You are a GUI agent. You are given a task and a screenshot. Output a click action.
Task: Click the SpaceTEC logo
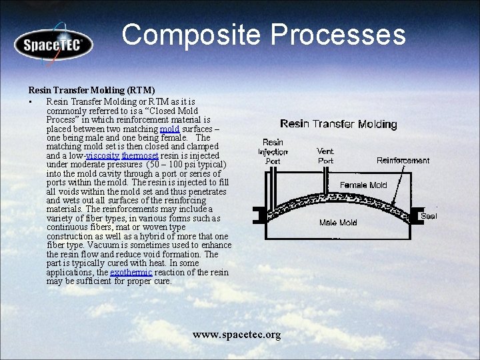tap(53, 45)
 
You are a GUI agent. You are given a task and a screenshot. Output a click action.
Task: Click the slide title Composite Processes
tap(263, 35)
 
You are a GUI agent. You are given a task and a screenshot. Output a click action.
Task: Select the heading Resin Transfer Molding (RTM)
tap(91, 89)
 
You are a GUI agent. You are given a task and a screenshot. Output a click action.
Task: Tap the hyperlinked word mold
tap(169, 129)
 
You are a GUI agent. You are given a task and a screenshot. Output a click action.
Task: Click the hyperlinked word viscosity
tap(103, 155)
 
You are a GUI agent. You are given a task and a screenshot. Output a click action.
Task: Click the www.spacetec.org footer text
tap(237, 334)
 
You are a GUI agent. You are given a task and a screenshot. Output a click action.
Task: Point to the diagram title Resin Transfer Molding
tap(338, 124)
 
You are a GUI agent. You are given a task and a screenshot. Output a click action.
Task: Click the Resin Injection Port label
tap(273, 151)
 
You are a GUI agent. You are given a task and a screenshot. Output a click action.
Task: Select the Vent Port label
tap(325, 156)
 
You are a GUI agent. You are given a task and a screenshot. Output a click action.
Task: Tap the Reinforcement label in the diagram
tap(403, 160)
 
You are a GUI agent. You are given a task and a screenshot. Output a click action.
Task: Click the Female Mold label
tap(363, 185)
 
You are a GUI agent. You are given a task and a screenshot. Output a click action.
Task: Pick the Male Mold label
tap(338, 222)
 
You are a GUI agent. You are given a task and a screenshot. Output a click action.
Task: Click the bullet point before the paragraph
tap(31, 102)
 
